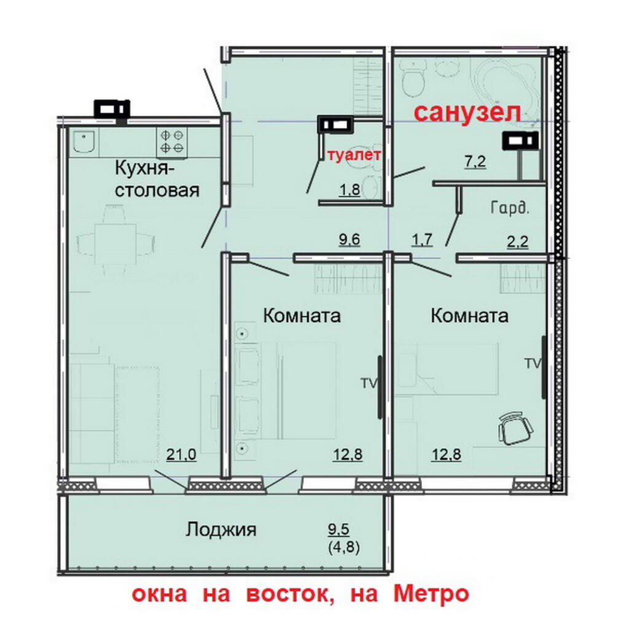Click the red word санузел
(467, 113)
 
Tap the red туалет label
(354, 155)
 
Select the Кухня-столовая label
(157, 179)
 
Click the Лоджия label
(221, 530)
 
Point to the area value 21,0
(181, 455)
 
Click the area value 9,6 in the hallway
(350, 239)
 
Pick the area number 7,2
(475, 162)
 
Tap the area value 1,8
(350, 189)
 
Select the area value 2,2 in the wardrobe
(517, 242)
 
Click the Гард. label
(510, 208)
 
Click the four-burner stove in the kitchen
(172, 141)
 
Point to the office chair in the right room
(516, 429)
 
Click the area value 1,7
(422, 240)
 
